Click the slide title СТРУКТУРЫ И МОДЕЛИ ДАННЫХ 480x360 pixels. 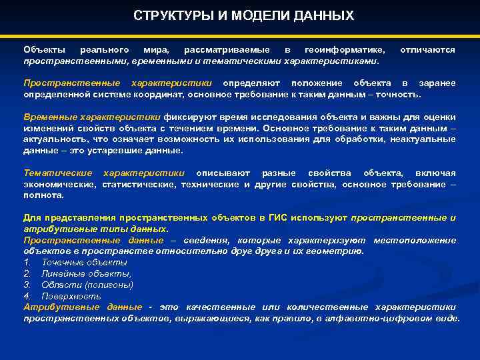243,15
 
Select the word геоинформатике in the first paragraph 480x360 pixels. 345,50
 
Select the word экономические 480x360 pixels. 60,184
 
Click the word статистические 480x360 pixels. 139,184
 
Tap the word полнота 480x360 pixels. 43,195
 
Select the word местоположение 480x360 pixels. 415,240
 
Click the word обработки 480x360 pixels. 376,139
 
